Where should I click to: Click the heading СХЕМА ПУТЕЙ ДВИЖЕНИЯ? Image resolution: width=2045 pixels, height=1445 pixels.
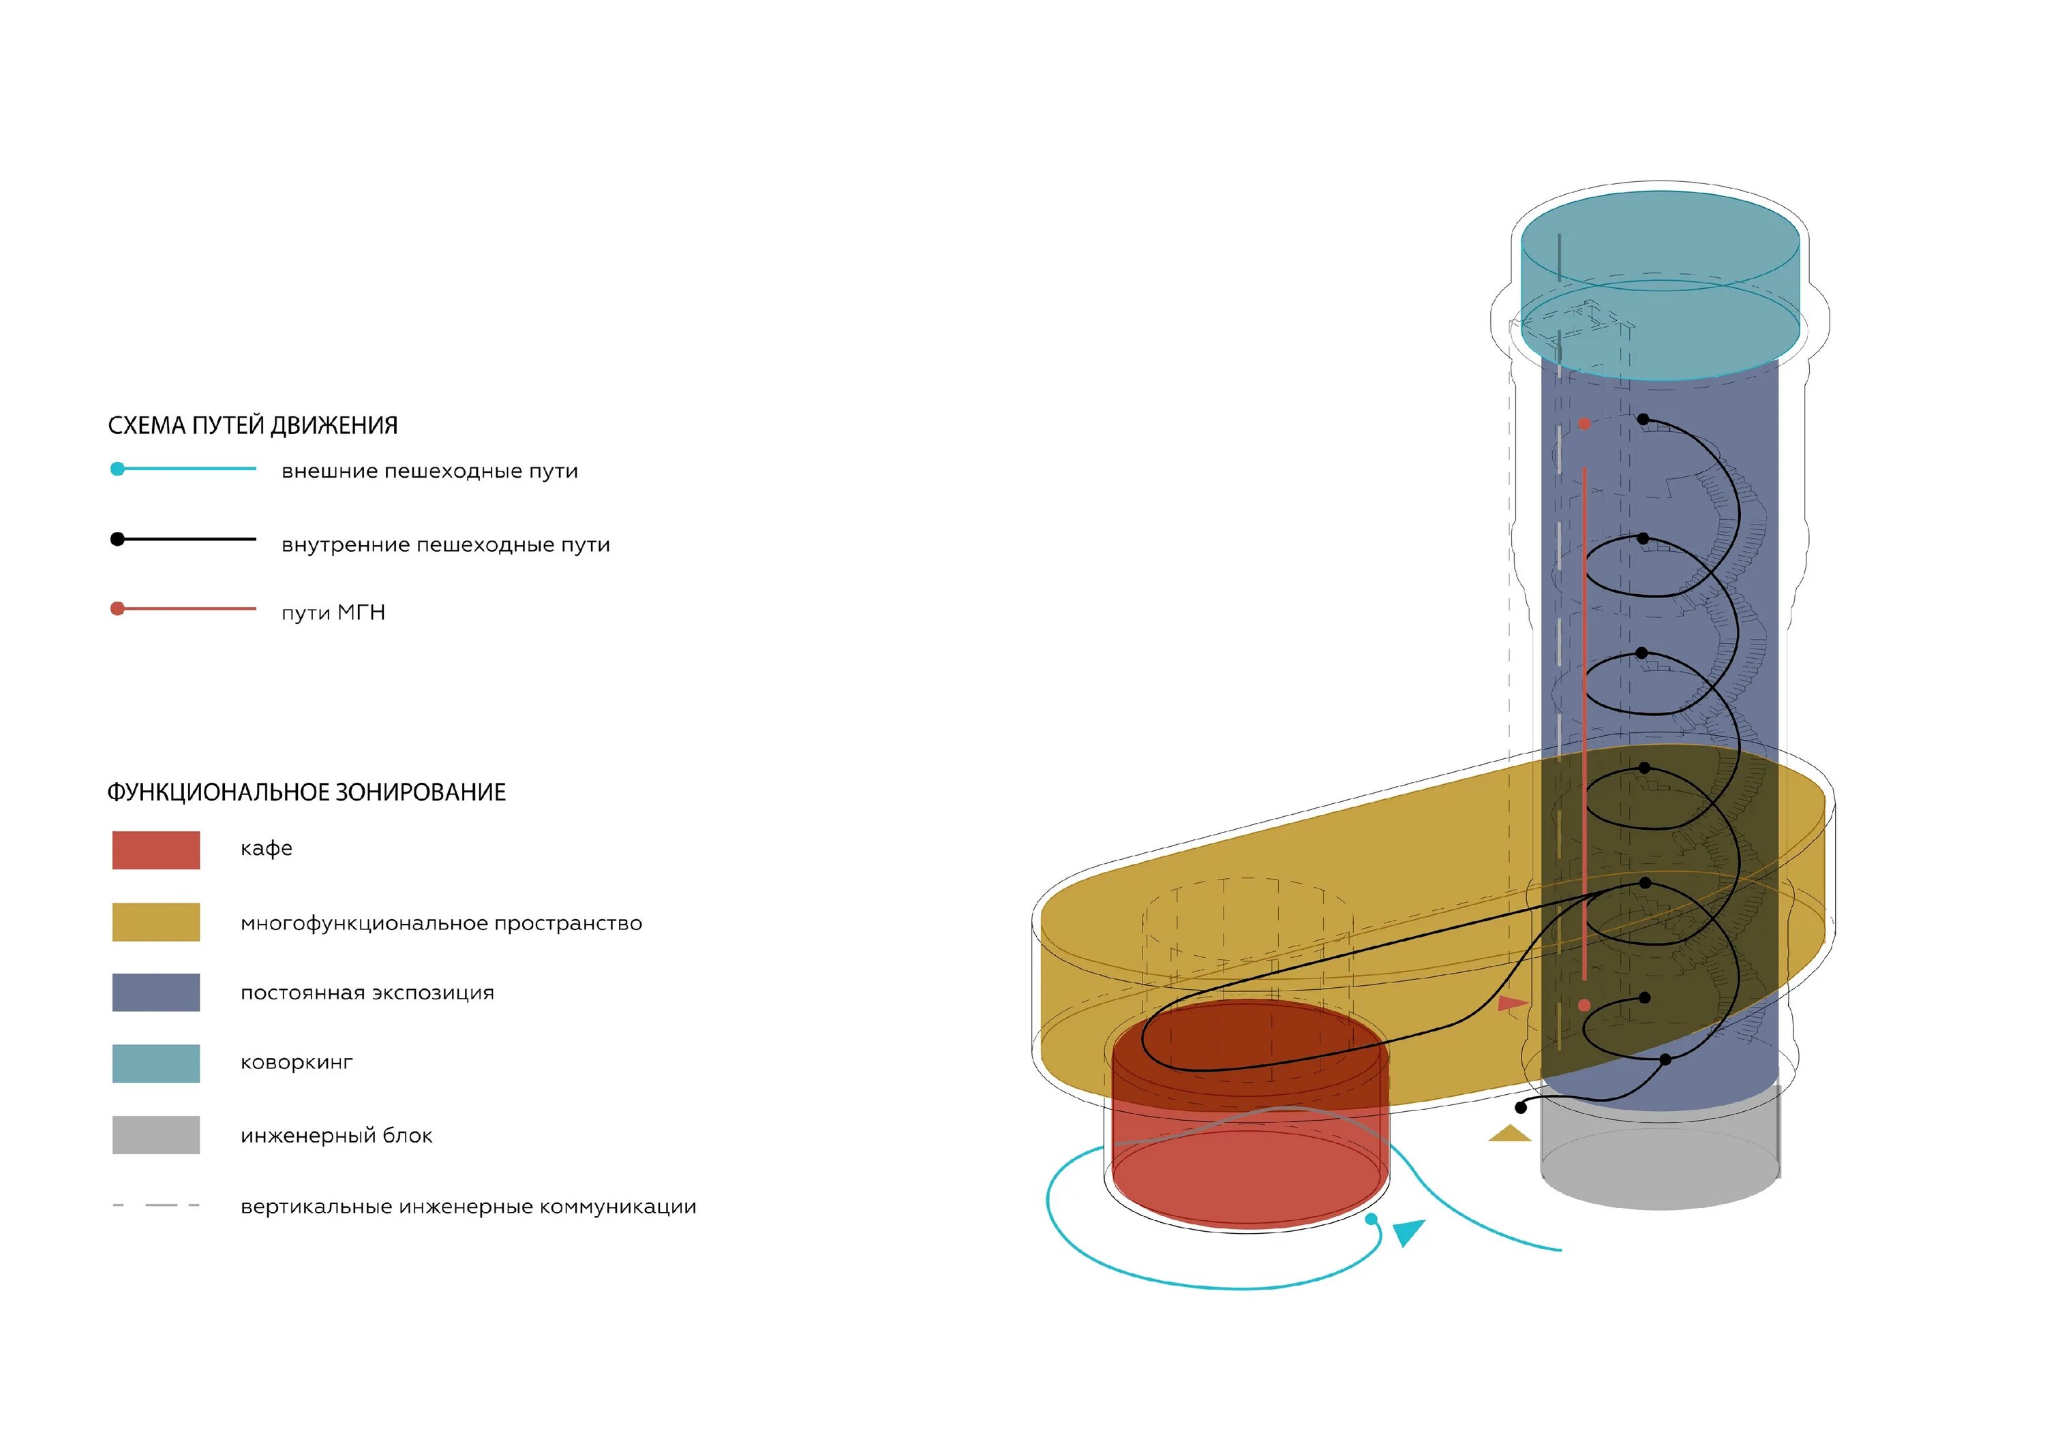252,426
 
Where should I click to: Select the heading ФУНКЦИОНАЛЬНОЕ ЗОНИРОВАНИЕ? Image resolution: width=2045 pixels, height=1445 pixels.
305,792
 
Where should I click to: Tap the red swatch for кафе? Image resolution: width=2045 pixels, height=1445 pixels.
156,850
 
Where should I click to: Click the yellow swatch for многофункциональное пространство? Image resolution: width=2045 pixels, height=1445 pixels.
156,922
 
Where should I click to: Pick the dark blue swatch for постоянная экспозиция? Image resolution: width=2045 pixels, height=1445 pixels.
156,992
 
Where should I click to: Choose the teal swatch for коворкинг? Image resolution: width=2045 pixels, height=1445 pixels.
156,1063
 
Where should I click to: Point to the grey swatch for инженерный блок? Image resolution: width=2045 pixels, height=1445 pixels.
156,1134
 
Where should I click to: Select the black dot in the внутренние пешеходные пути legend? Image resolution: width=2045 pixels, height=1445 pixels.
117,539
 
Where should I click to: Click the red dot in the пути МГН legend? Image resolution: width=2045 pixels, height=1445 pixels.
117,609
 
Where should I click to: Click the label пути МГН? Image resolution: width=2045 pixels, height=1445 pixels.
333,612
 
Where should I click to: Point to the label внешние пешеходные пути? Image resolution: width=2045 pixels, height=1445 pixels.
429,471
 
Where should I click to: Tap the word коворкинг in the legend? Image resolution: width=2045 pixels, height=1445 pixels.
297,1062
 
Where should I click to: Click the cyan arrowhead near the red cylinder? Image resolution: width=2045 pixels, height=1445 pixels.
1408,1232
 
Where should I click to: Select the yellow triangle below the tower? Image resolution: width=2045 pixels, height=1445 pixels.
1509,1134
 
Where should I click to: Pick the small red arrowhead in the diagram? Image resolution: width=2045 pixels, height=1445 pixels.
1511,1004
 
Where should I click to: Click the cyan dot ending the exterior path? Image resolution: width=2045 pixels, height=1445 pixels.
1372,1219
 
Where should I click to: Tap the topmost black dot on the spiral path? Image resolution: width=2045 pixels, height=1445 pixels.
1643,418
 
